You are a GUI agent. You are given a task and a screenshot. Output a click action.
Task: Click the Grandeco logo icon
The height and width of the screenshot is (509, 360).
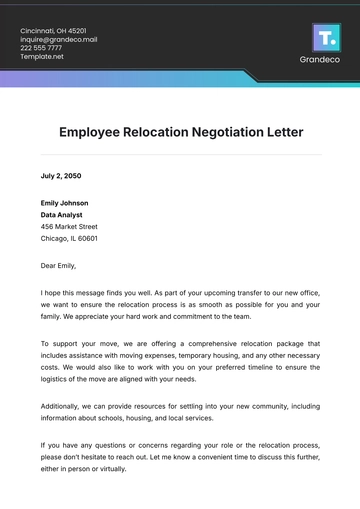(x=326, y=37)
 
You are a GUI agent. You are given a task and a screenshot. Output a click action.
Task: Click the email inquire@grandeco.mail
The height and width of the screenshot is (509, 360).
(x=59, y=40)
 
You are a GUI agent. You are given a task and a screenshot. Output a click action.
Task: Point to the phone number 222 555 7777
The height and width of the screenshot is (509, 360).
(x=41, y=48)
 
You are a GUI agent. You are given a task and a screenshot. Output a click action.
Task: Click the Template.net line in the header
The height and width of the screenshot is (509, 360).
(x=42, y=57)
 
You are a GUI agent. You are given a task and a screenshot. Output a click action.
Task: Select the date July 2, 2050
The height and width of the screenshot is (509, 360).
(x=62, y=175)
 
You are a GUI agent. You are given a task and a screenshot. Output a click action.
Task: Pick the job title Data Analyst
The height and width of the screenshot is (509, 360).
(x=63, y=214)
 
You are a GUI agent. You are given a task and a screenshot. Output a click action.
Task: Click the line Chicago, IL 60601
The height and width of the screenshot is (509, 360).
(x=69, y=238)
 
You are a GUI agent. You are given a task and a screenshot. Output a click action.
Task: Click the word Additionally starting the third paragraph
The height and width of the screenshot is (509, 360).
(x=64, y=406)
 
